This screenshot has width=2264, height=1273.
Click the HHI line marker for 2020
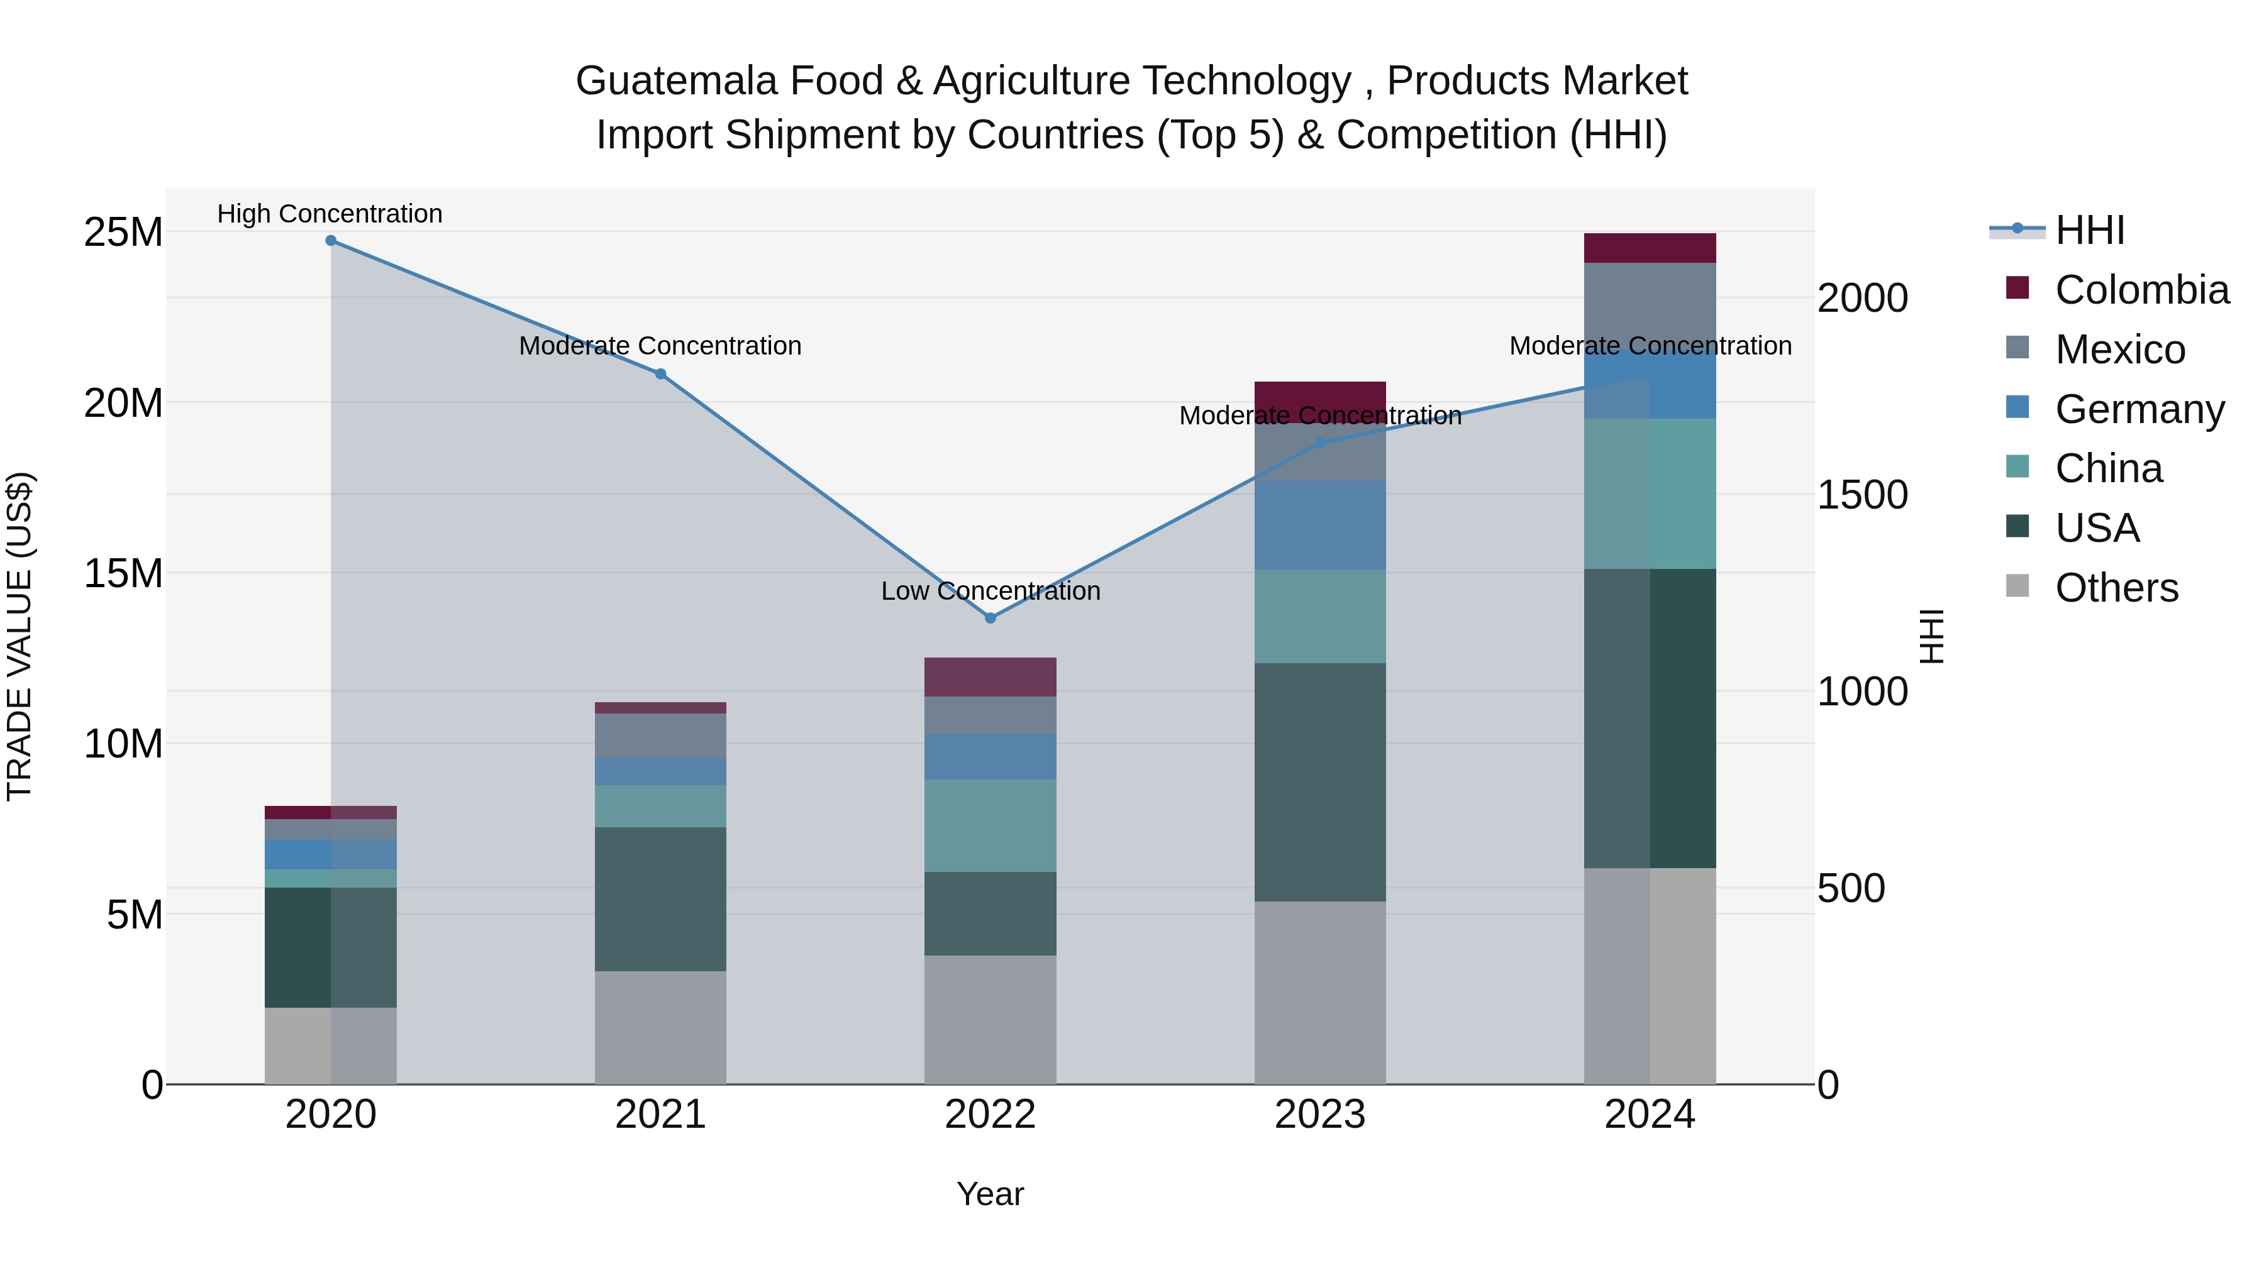330,241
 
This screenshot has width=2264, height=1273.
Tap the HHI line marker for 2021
660,374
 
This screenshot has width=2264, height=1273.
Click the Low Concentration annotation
991,592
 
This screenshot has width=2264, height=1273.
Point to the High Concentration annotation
330,214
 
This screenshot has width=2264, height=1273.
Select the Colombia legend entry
2141,290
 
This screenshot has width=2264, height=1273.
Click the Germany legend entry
2139,409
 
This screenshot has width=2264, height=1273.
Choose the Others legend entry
2116,588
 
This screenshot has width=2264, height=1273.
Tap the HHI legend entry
2090,230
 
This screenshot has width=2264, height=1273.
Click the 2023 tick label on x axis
1320,1115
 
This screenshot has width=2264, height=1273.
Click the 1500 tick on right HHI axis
1862,495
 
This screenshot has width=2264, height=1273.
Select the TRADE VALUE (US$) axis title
19,636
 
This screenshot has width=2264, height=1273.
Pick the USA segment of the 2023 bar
1320,782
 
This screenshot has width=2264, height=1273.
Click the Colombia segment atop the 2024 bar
1650,248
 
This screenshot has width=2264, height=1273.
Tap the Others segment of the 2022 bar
991,1019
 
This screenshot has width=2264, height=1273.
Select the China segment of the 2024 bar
1650,493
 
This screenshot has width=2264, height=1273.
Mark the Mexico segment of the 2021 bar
660,736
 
